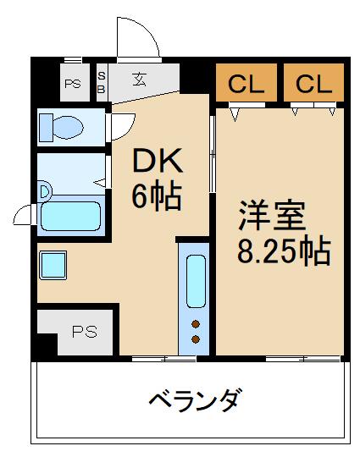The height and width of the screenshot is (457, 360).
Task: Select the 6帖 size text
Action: [x=156, y=196]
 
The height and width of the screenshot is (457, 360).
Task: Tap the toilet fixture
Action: [x=63, y=126]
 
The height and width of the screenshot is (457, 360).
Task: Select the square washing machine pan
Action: [x=54, y=265]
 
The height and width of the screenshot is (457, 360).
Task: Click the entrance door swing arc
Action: [x=136, y=38]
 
